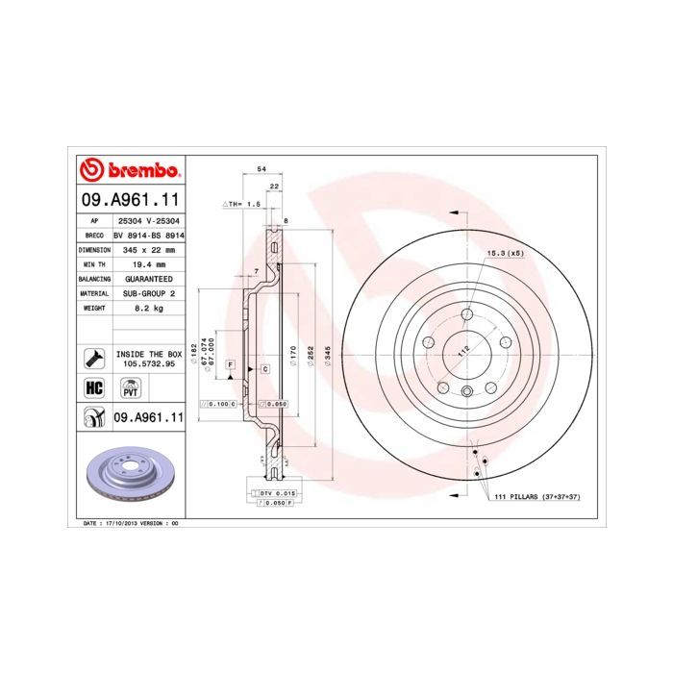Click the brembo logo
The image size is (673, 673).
129,171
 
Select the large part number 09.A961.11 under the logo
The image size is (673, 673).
129,200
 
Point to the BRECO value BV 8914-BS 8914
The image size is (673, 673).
148,235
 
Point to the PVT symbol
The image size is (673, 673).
129,388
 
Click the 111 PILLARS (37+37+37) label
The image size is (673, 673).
538,496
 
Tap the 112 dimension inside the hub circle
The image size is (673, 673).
465,352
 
